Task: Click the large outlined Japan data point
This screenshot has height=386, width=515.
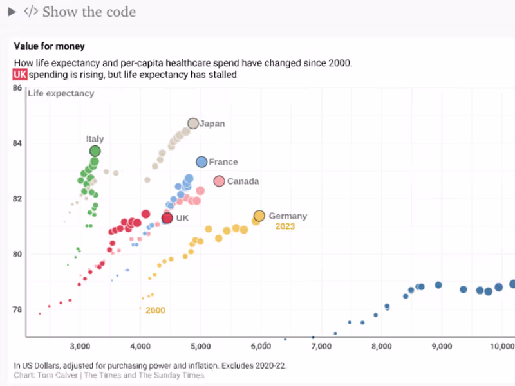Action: coord(193,124)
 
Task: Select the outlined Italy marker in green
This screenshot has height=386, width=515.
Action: coord(95,151)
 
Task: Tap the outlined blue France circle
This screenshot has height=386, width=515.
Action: coord(201,162)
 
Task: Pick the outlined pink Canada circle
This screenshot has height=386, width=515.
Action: coord(219,181)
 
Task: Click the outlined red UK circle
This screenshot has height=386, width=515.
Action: coord(167,218)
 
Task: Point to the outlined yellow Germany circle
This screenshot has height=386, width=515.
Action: coord(259,216)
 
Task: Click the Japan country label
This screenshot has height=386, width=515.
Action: coord(212,124)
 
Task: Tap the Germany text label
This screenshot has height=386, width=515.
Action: coord(288,216)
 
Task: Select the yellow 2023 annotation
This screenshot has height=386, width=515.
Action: coord(285,226)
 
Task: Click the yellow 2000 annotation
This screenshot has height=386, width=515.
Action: coord(155,310)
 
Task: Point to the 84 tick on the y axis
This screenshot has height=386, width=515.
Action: coord(17,143)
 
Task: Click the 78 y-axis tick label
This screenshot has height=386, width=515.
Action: coord(17,309)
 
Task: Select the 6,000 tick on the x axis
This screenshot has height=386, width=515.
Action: coord(261,346)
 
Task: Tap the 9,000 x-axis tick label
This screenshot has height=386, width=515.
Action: coord(442,346)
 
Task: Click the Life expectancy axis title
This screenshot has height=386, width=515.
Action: coord(61,94)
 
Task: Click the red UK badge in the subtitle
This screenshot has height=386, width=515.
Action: coord(20,75)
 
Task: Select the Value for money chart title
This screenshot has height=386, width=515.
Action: coord(49,46)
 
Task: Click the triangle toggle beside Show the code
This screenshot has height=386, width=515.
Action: coord(12,12)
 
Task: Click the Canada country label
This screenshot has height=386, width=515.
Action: coord(243,181)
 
